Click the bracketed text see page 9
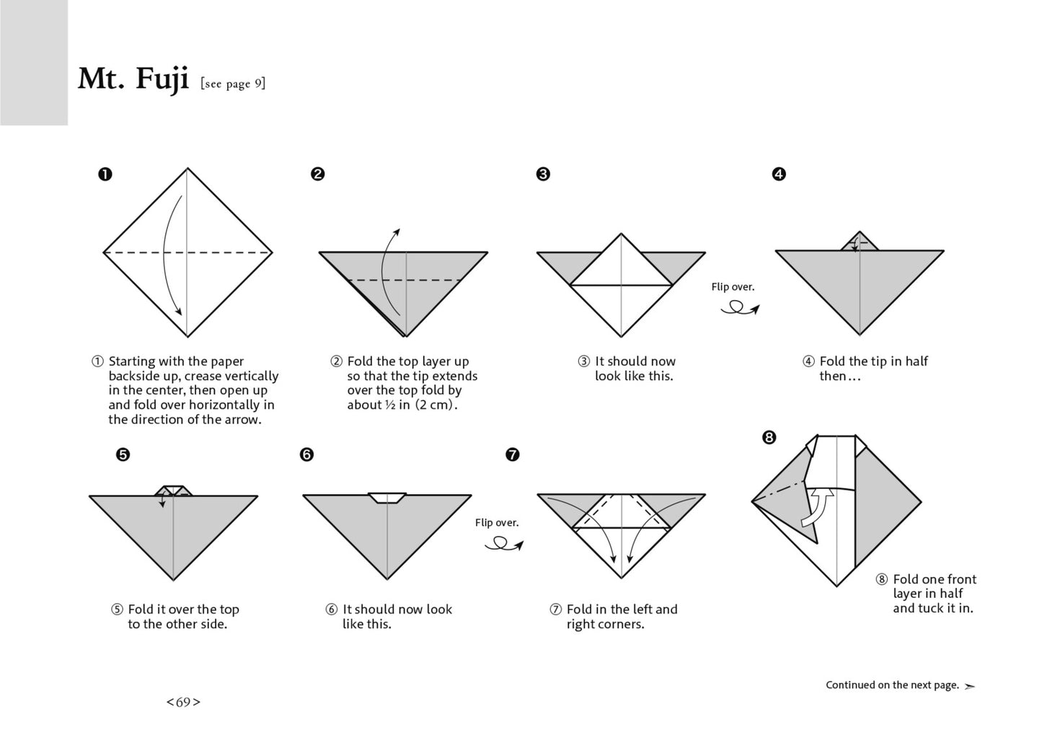pyautogui.click(x=233, y=84)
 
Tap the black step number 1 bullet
pyautogui.click(x=105, y=174)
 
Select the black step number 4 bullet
pyautogui.click(x=779, y=174)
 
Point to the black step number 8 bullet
pyautogui.click(x=769, y=437)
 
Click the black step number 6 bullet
pyautogui.click(x=307, y=454)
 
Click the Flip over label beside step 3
pyautogui.click(x=733, y=286)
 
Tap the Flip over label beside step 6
pyautogui.click(x=497, y=522)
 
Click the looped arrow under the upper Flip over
pyautogui.click(x=738, y=309)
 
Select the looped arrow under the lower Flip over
pyautogui.click(x=503, y=546)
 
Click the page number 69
pyautogui.click(x=183, y=702)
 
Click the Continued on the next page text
pyautogui.click(x=892, y=685)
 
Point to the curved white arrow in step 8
pyautogui.click(x=818, y=508)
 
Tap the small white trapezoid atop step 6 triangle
pyautogui.click(x=387, y=498)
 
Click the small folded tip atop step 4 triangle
pyautogui.click(x=860, y=243)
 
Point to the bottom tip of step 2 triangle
pyautogui.click(x=405, y=335)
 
